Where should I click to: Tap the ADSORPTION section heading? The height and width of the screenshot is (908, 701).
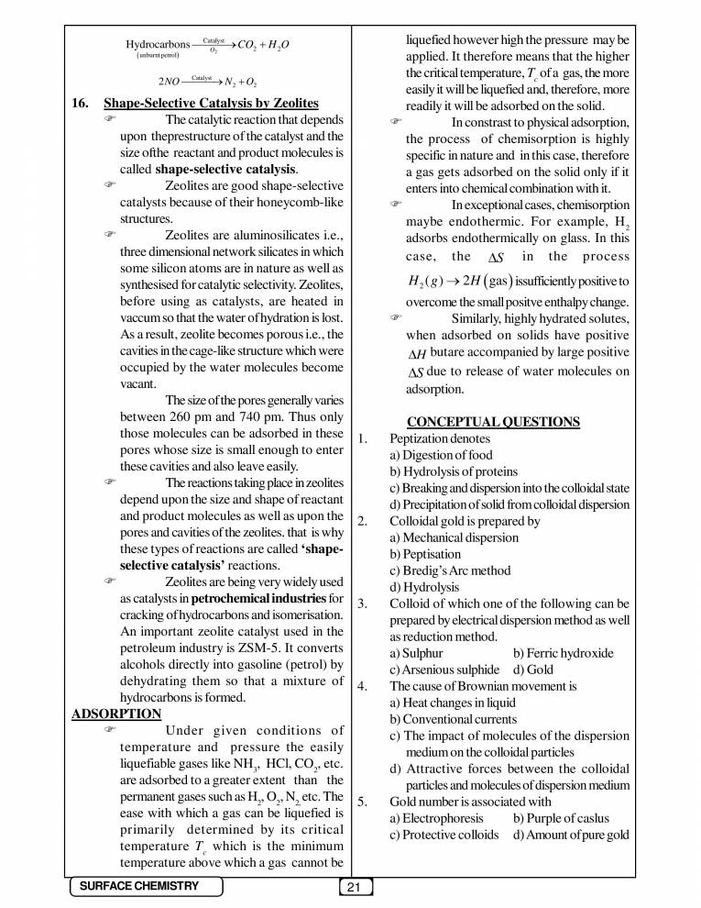116,714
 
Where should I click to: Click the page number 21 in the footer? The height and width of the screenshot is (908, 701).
354,887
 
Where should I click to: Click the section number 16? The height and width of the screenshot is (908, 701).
81,103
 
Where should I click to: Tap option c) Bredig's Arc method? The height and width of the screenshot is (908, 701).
450,570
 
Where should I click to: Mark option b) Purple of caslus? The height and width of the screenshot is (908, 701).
561,818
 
